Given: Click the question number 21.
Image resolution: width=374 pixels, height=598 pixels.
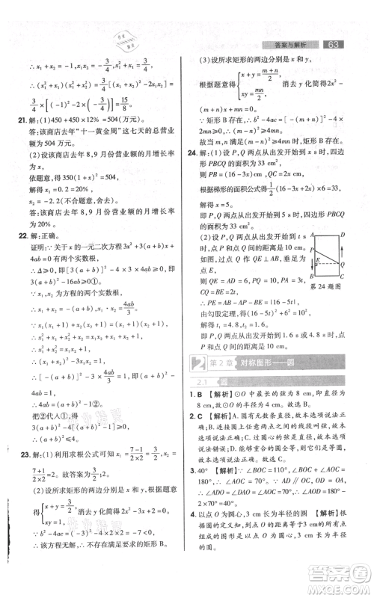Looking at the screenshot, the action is pos(21,120).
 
